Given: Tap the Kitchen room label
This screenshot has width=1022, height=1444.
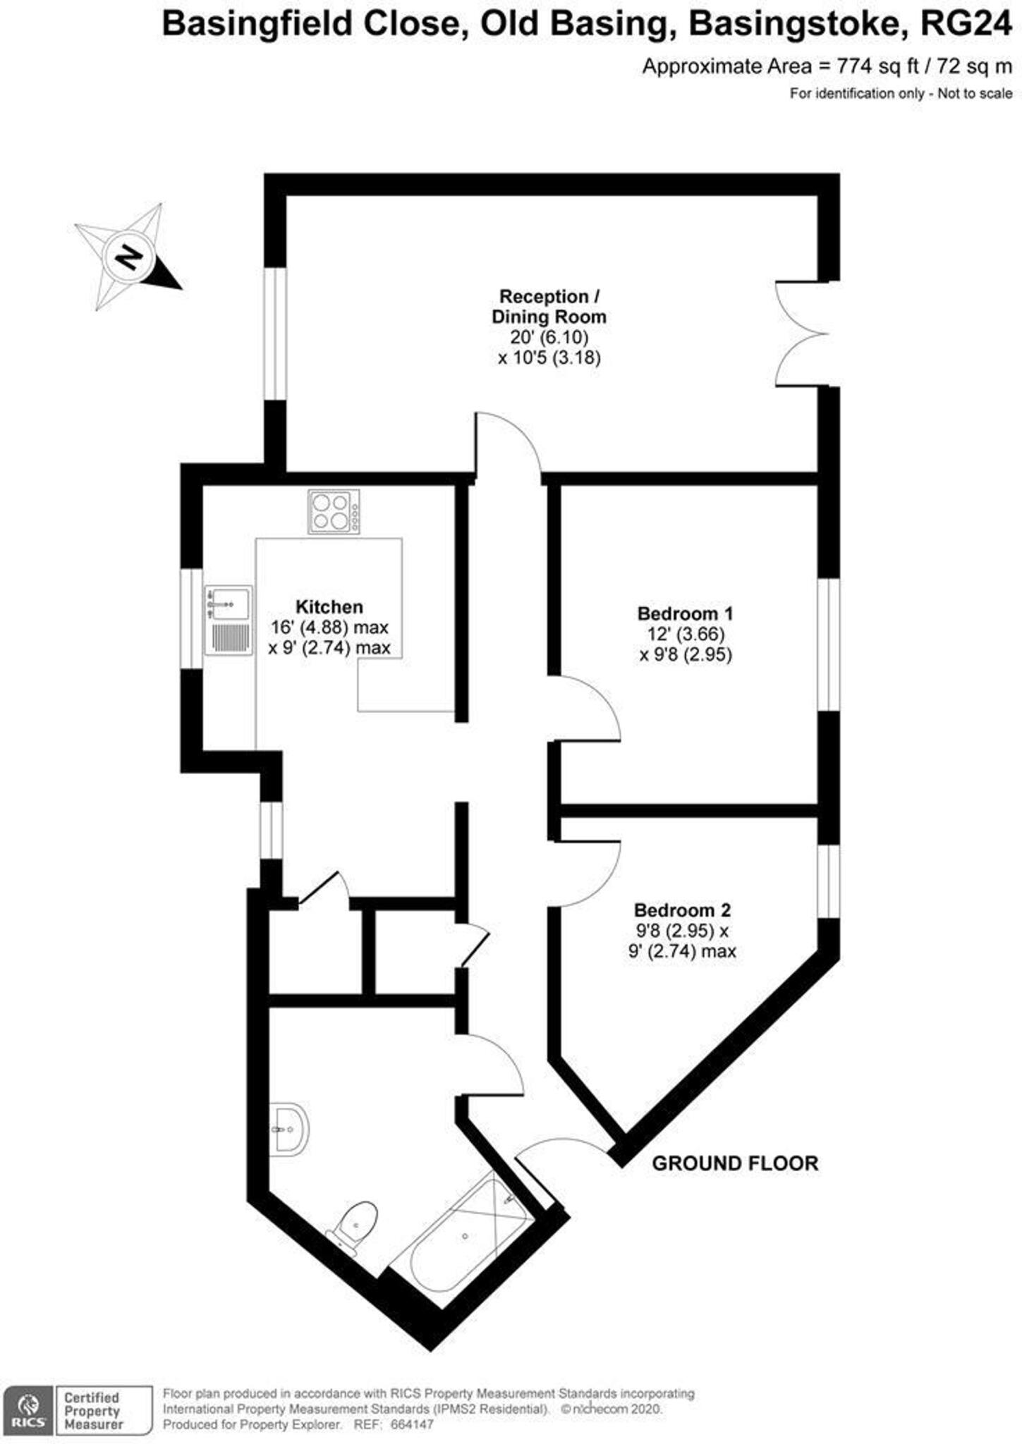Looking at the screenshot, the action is tap(329, 607).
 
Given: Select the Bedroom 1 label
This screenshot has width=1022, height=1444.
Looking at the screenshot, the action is tap(685, 613).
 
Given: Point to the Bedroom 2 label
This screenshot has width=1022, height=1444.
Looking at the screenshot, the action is tap(682, 910).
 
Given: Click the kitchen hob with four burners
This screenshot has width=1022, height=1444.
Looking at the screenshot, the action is tap(333, 511).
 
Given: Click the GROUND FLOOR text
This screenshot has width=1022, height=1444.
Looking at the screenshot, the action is tap(734, 1163).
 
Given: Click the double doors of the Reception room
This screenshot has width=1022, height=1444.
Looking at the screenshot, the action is tap(805, 334).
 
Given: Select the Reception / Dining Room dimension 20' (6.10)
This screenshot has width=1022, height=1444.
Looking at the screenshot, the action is tap(549, 337).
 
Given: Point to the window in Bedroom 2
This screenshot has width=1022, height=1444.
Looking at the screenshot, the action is tap(829, 881).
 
